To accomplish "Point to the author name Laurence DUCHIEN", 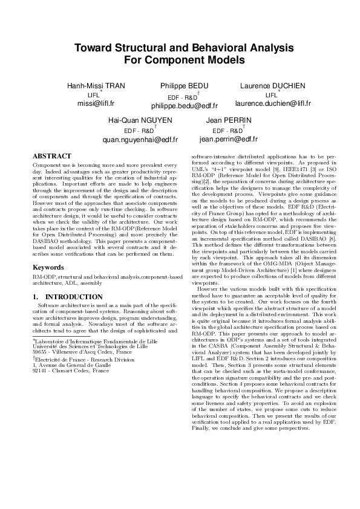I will click(x=273, y=86).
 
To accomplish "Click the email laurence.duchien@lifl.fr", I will click(x=273, y=103).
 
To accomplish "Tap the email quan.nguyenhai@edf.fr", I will click(x=140, y=139).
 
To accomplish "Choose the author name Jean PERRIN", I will click(x=228, y=121).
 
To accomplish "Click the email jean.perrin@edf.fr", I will click(x=228, y=139).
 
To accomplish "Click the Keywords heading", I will click(x=48, y=267).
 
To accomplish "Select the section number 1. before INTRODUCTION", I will click(x=36, y=297).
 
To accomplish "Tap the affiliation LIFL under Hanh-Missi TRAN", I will click(x=94, y=96).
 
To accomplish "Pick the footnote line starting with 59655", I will click(x=82, y=350).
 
